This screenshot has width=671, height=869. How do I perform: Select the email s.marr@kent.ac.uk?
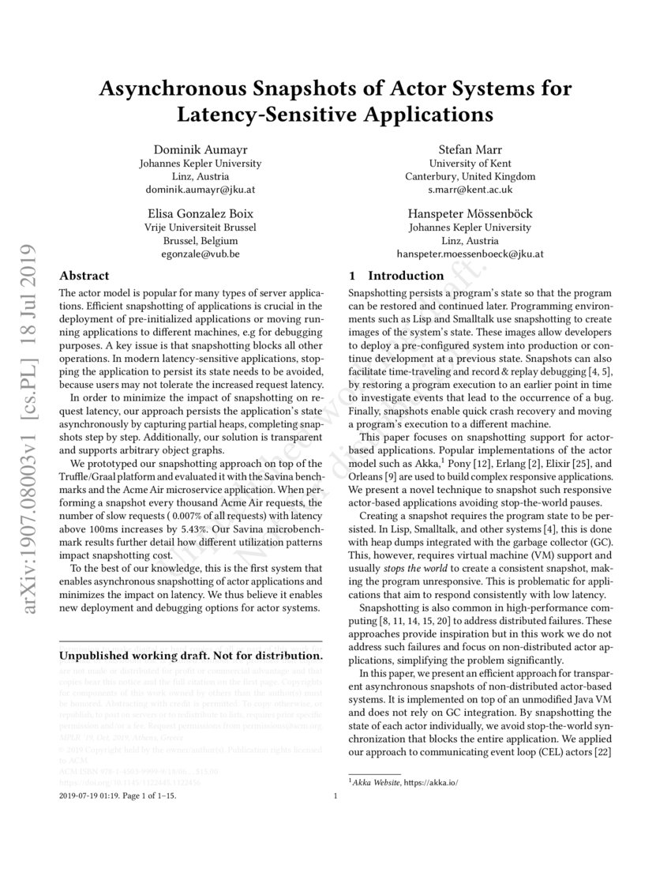coord(470,190)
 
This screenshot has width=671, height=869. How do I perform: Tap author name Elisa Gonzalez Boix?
coord(200,213)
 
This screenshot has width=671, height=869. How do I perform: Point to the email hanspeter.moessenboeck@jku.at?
coord(470,254)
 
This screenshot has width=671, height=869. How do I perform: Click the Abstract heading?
coord(84,276)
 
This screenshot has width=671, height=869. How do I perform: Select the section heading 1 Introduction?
coord(396,276)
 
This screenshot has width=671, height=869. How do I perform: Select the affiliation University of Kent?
coord(470,163)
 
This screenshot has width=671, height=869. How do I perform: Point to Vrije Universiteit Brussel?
coord(200,228)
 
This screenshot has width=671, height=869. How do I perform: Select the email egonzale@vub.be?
coord(200,254)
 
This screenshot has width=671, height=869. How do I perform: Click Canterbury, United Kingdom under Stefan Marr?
coord(470,176)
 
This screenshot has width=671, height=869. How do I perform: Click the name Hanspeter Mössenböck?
coord(470,213)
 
